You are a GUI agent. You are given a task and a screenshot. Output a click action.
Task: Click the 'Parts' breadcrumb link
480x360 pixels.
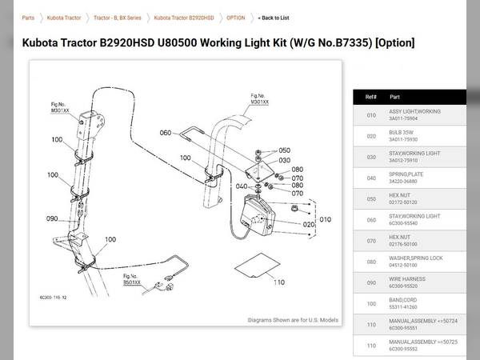(28, 18)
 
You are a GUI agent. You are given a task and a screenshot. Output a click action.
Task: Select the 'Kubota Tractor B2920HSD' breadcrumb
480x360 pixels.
(184, 18)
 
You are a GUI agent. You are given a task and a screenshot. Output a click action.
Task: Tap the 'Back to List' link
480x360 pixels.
(274, 18)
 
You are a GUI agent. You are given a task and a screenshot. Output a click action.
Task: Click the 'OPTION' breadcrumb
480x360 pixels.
(235, 18)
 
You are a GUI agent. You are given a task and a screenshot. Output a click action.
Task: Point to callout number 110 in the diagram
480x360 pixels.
(279, 282)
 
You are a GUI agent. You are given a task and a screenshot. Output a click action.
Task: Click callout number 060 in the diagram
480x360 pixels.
(166, 133)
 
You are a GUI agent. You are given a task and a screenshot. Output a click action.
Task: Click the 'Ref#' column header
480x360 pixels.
(370, 96)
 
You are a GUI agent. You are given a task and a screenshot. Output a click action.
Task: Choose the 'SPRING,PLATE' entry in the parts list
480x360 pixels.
(409, 174)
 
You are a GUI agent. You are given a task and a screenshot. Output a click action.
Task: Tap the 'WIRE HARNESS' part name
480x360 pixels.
(407, 279)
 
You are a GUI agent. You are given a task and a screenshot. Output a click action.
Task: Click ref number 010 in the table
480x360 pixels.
(370, 115)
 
